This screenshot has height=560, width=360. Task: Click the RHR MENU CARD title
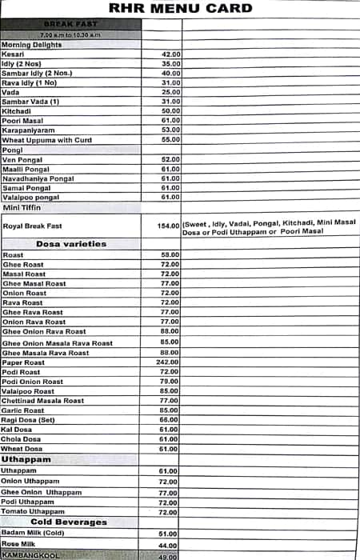pos(180,10)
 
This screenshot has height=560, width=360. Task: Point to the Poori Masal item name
pos(23,120)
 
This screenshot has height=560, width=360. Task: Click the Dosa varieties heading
pos(71,244)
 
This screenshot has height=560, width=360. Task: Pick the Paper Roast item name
pos(23,362)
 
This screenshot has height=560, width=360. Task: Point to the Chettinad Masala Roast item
pos(43,401)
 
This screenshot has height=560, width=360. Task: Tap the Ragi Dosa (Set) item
pos(28,420)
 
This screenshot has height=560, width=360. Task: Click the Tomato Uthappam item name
pos(33,511)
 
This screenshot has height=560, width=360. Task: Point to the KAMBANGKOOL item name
pos(31,555)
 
